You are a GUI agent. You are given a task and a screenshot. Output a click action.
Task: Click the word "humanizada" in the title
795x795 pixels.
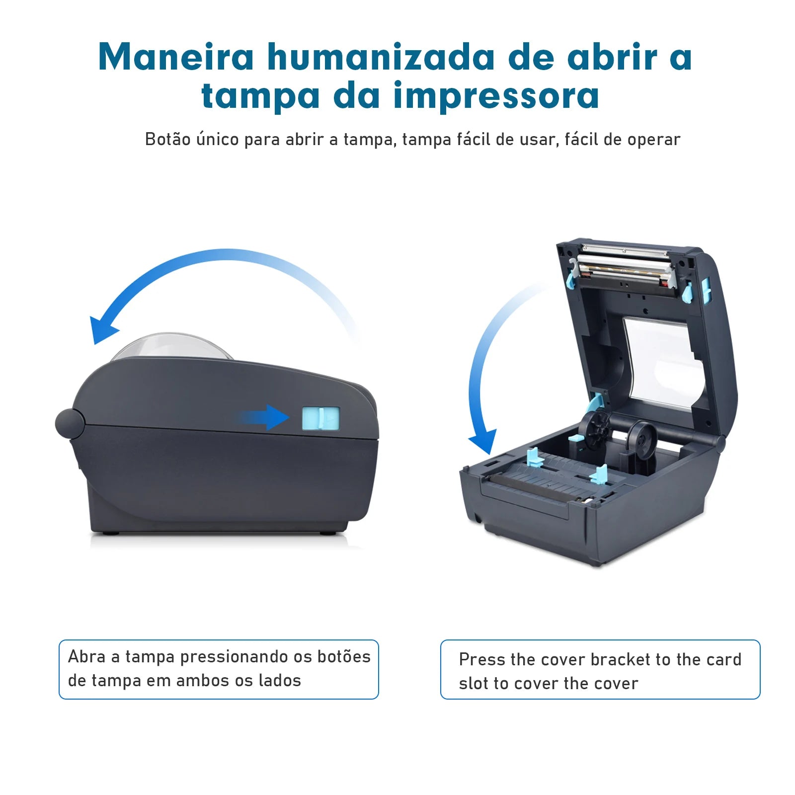(x=381, y=57)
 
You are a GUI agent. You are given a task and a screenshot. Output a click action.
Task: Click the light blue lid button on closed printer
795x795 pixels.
(x=320, y=418)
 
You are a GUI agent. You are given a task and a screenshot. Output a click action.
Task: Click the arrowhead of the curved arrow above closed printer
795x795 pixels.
(x=101, y=329)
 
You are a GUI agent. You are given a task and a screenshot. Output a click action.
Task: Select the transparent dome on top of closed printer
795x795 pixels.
(x=171, y=347)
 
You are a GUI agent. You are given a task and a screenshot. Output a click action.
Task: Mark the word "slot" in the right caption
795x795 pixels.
(x=474, y=684)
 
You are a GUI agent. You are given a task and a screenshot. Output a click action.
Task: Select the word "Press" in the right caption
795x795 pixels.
(x=481, y=660)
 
